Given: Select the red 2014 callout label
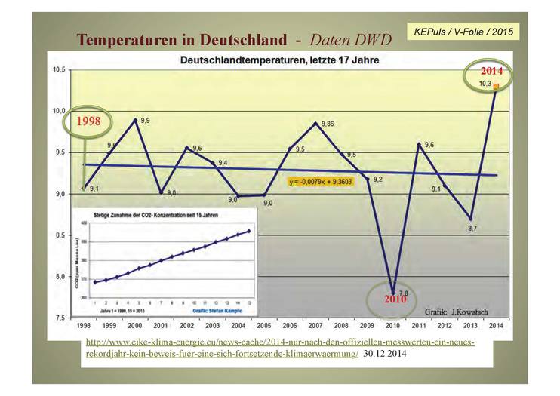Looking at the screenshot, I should click(495, 73).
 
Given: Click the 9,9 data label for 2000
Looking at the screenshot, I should click(145, 120).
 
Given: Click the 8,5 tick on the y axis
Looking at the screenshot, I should click(59, 235).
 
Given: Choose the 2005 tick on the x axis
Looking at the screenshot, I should click(263, 325).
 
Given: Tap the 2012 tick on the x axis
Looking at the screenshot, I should click(445, 325).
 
